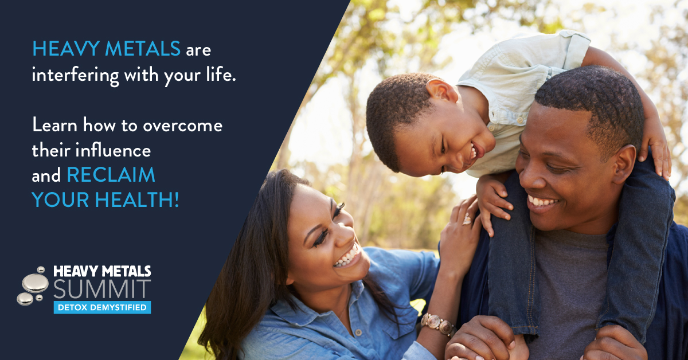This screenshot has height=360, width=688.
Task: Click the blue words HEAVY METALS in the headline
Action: [x=106, y=49]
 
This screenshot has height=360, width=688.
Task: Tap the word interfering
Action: [x=75, y=75]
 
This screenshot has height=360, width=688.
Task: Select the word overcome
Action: [x=183, y=126]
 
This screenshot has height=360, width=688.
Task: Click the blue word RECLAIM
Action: [x=111, y=175]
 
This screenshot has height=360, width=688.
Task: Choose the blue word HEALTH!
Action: [x=136, y=199]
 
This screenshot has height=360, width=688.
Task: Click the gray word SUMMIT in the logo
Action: [x=102, y=289]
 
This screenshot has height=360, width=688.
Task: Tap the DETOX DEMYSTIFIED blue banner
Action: [x=102, y=307]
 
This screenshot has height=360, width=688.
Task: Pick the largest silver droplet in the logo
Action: [x=36, y=283]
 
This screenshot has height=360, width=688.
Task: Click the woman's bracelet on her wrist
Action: [x=439, y=324]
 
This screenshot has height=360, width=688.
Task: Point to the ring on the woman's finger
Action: [x=467, y=219]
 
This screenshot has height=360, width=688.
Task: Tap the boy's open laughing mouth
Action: [x=475, y=151]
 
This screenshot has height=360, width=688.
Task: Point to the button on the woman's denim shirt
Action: [x=358, y=332]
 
